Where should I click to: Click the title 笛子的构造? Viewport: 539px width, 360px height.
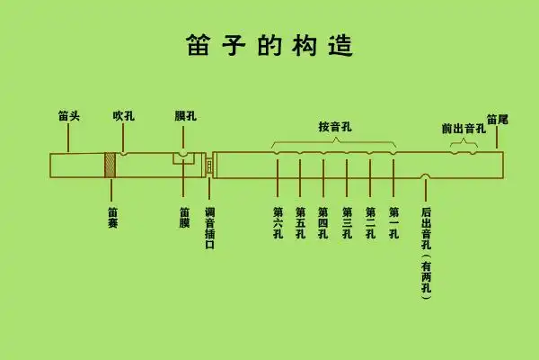(269, 43)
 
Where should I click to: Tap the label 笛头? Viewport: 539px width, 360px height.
(69, 116)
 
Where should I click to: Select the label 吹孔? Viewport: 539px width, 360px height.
(124, 116)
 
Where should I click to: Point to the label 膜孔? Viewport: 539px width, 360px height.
(184, 116)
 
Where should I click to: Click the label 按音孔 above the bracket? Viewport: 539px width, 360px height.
(334, 127)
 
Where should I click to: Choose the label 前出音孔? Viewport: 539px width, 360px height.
(463, 128)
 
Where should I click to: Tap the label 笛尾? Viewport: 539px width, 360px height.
(497, 118)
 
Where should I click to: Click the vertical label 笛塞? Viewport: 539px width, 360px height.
(111, 218)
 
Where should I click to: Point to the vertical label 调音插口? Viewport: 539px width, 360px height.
(209, 229)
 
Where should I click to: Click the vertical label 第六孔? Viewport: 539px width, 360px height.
(278, 223)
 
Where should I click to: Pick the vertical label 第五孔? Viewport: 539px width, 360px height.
(300, 223)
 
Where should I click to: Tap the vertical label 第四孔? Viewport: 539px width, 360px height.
(323, 223)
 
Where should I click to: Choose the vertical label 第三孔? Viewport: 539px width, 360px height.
(347, 223)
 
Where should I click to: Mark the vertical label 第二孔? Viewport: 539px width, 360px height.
(370, 223)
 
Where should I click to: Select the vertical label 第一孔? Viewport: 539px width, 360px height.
(393, 223)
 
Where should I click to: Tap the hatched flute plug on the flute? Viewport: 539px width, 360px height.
(110, 166)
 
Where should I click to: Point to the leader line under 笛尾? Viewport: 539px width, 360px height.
(497, 138)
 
